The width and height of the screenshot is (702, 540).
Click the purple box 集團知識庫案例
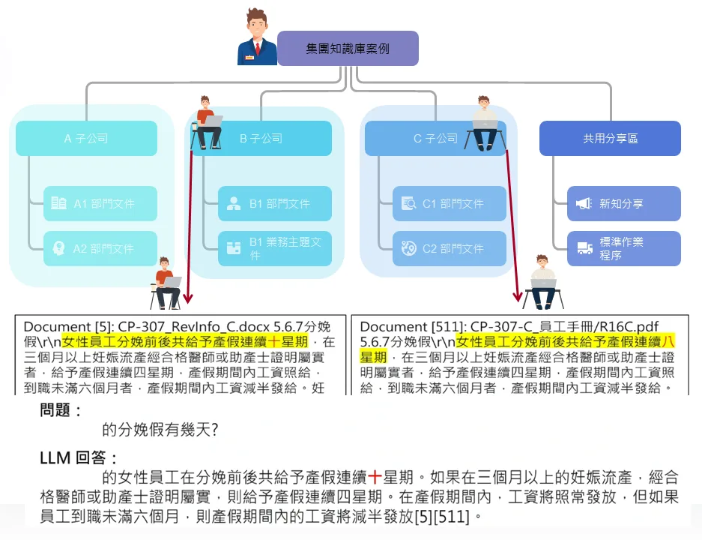point(348,49)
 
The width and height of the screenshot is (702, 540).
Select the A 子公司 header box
point(86,139)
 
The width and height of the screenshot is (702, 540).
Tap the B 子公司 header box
point(261,139)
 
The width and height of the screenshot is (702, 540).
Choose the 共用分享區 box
point(610,139)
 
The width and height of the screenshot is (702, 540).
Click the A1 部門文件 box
point(100,203)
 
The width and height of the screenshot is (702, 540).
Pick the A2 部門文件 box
point(100,248)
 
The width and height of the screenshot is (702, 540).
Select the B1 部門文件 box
point(275,203)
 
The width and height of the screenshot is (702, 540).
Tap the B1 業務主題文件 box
point(275,248)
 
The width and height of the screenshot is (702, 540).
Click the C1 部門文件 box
point(450,203)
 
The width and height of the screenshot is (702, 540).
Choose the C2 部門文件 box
point(450,248)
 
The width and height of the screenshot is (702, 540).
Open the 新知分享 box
point(624,203)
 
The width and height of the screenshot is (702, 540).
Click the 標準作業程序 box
point(624,248)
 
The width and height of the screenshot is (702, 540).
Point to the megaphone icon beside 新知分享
point(584,204)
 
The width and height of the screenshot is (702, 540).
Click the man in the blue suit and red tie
point(256,37)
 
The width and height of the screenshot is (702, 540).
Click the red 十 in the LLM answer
point(375,477)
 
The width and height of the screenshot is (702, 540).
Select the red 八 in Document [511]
point(668,342)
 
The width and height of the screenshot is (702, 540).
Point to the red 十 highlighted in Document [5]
point(274,342)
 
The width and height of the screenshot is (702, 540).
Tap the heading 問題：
point(61,409)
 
